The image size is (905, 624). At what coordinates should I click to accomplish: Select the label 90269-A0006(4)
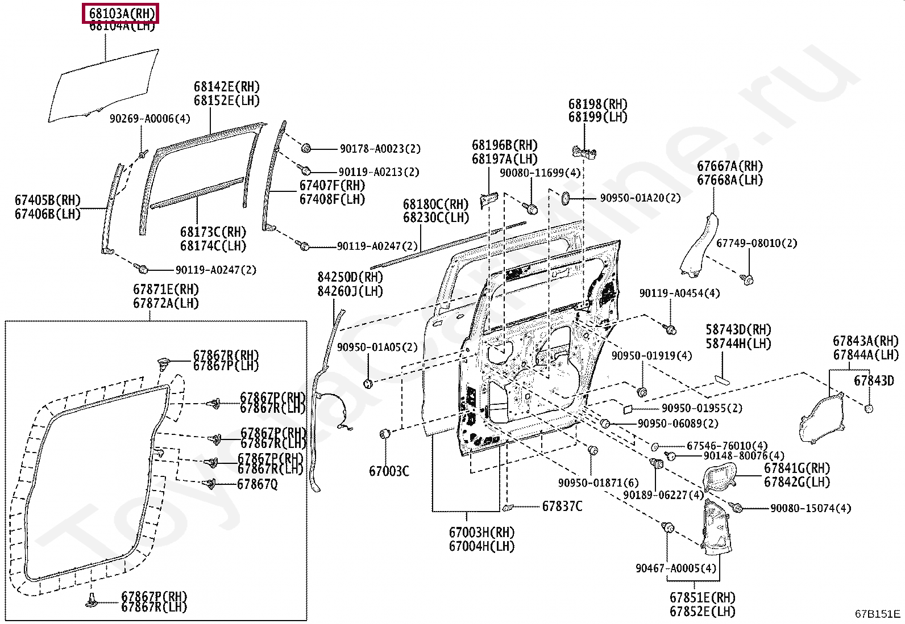click(150, 119)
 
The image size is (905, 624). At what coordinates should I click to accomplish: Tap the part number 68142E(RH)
click(226, 87)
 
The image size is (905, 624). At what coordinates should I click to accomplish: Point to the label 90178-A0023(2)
click(380, 149)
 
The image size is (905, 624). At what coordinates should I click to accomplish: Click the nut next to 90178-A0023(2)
click(306, 148)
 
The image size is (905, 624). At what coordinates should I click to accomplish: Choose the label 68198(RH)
click(597, 104)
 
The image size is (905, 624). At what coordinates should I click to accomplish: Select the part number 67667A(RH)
click(730, 166)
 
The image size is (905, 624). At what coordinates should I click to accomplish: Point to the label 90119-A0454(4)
click(679, 294)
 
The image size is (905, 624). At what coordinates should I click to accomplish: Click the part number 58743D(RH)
click(738, 330)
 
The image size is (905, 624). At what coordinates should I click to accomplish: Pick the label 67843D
click(874, 380)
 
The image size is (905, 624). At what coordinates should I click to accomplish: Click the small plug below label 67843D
click(869, 408)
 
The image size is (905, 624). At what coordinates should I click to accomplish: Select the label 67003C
click(389, 471)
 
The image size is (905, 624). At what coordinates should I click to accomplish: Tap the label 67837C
click(562, 506)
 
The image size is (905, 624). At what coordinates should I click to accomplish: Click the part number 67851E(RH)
click(702, 598)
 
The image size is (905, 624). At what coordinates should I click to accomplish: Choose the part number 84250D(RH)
click(350, 278)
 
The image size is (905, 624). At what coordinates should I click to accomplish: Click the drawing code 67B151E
click(878, 614)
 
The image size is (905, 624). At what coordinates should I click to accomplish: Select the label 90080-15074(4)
click(811, 508)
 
